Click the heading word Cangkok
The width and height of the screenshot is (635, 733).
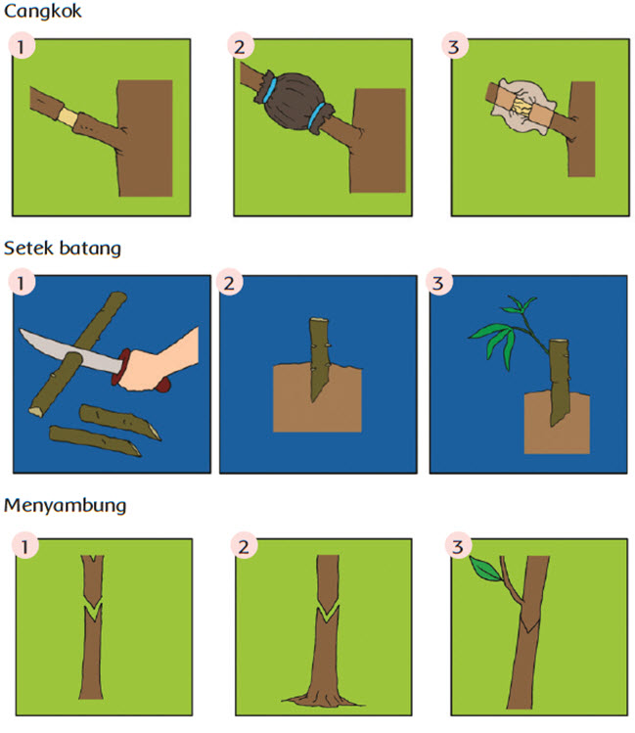pos(42,12)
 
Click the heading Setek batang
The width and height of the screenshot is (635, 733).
pos(63,249)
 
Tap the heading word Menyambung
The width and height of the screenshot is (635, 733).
pos(65,506)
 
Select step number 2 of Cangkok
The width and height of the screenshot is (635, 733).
pos(240,46)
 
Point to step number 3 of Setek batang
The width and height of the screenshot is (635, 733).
pos(438,283)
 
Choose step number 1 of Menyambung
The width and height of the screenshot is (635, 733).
pos(24,545)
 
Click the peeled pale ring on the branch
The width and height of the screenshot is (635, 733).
pos(68,116)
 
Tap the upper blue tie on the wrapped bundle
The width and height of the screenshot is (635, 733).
pos(270,90)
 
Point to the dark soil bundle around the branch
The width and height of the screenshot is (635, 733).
pos(294,102)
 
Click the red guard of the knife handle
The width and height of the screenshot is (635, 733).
pos(120,367)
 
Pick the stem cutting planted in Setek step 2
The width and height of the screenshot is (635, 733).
pos(320,359)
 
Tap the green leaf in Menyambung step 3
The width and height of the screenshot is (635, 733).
pos(485,569)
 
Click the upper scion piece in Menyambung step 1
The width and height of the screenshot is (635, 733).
pos(93,579)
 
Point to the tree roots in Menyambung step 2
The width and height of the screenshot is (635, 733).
pos(323,700)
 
